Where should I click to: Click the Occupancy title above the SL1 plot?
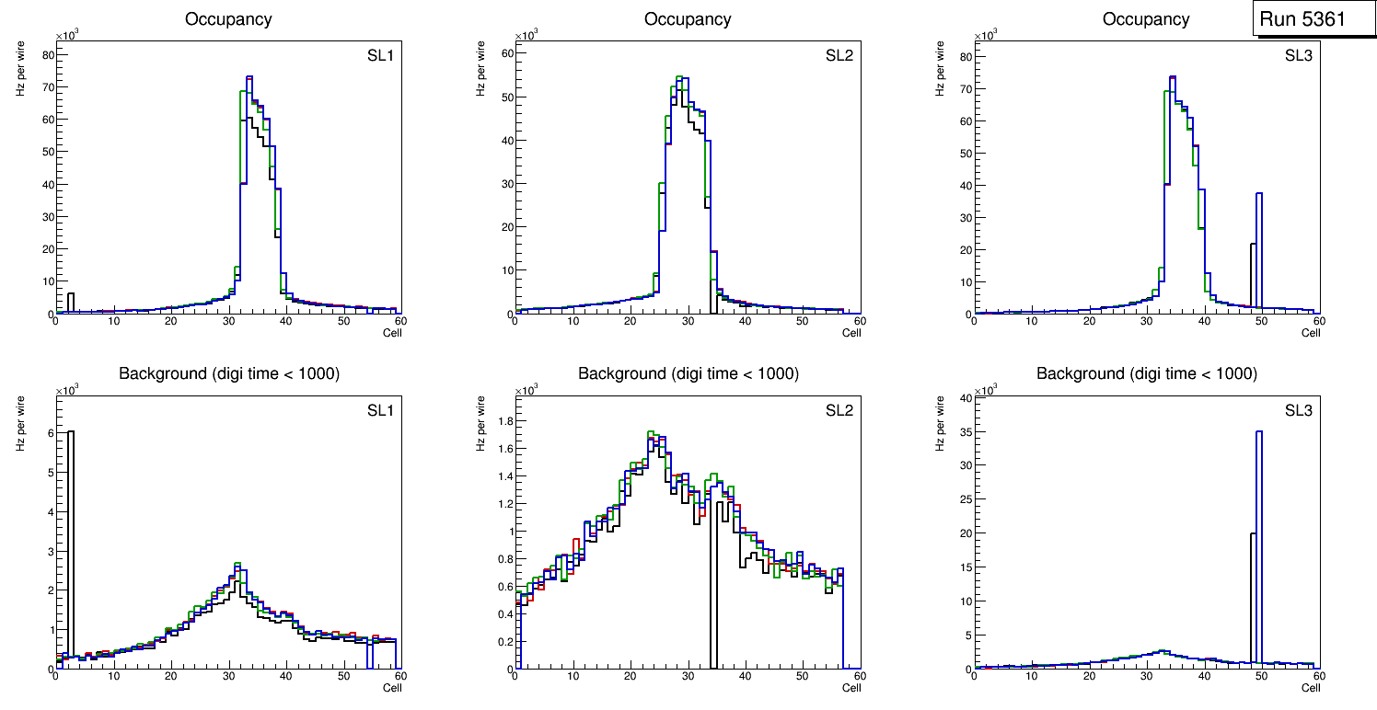[228, 18]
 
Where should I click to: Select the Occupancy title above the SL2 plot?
[688, 18]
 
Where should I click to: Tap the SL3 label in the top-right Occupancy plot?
[1297, 57]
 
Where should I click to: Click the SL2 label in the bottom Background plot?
[839, 410]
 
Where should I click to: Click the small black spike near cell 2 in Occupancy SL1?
[71, 301]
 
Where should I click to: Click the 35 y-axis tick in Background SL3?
[964, 431]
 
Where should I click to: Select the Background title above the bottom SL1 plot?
[228, 373]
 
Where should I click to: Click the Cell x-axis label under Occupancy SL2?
[851, 333]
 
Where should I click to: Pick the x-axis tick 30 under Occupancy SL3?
[1147, 321]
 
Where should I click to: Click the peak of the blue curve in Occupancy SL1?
[249, 77]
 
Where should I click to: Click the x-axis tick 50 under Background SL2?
[803, 677]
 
